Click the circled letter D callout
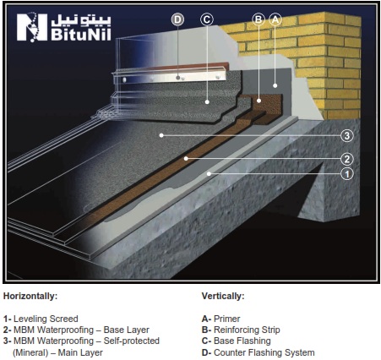tap(177, 19)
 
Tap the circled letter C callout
tap(207, 19)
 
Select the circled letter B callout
tap(259, 19)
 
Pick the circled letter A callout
tap(275, 19)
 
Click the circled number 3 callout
tap(347, 136)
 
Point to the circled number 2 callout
tap(347, 159)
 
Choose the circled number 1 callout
tap(347, 173)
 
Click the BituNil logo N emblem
tap(32, 27)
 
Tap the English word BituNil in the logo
tap(81, 34)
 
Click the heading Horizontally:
tap(30, 296)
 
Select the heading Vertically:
tap(223, 296)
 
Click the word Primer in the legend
tap(226, 319)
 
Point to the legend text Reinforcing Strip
tap(247, 330)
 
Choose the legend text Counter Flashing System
tap(264, 352)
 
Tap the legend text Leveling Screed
tap(46, 319)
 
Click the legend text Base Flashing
tap(242, 341)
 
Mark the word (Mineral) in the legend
tap(30, 352)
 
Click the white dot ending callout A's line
tap(275, 85)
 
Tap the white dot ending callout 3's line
tap(161, 135)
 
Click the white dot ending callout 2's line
tap(186, 159)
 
